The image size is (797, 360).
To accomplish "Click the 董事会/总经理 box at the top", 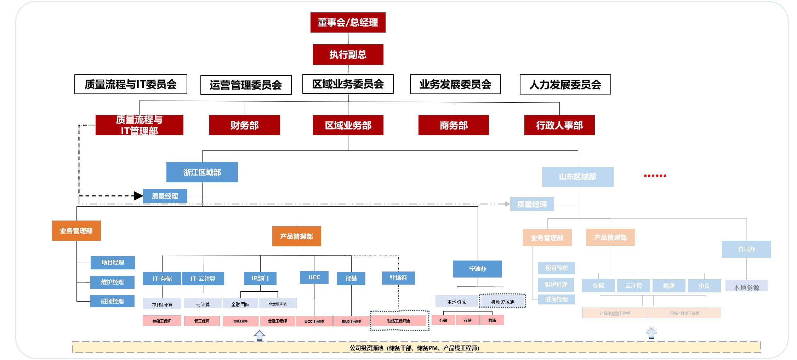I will pyautogui.click(x=348, y=22).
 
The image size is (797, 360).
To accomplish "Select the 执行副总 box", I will pyautogui.click(x=348, y=54).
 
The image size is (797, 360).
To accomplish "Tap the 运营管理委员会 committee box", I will pyautogui.click(x=246, y=85).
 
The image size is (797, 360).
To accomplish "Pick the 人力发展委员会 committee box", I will pyautogui.click(x=565, y=85).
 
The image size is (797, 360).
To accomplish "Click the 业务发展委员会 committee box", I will pyautogui.click(x=455, y=84).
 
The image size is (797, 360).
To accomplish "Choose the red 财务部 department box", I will pyautogui.click(x=244, y=125).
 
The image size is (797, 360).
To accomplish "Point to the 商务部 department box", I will pyautogui.click(x=453, y=125).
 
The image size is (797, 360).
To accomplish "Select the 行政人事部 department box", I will pyautogui.click(x=559, y=125).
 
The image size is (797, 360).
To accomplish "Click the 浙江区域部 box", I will pyautogui.click(x=202, y=172).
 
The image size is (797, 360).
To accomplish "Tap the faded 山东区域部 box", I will pyautogui.click(x=577, y=177).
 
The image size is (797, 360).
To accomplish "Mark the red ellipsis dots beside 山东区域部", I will pyautogui.click(x=655, y=176).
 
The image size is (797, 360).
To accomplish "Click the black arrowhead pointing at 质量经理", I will pyautogui.click(x=138, y=196).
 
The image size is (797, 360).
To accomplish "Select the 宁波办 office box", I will pyautogui.click(x=477, y=269).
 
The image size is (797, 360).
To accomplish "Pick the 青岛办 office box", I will pyautogui.click(x=746, y=249).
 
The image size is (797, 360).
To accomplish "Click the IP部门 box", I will pyautogui.click(x=260, y=278).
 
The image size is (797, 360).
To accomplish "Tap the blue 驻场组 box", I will pyautogui.click(x=398, y=278).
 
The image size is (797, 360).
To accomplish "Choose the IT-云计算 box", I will pyautogui.click(x=203, y=278).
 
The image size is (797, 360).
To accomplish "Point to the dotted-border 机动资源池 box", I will pyautogui.click(x=502, y=302).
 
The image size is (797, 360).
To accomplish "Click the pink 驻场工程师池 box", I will pyautogui.click(x=398, y=321).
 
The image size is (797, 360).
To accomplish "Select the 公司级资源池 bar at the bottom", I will pyautogui.click(x=414, y=348).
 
